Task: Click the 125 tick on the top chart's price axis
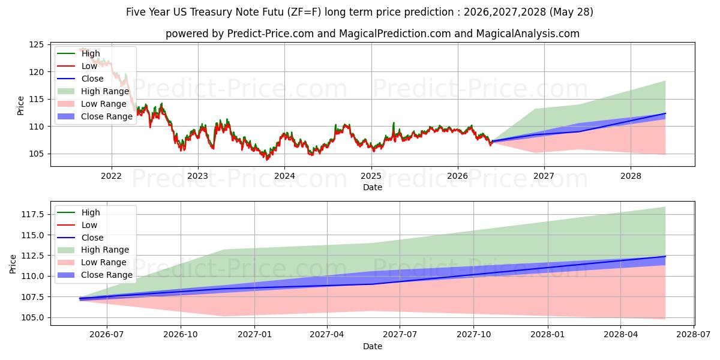pyautogui.click(x=36, y=44)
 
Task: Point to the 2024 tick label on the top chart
pyautogui.click(x=284, y=176)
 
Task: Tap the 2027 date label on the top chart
pyautogui.click(x=544, y=176)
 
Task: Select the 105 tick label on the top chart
pyautogui.click(x=36, y=154)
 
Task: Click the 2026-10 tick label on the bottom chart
pyautogui.click(x=181, y=335)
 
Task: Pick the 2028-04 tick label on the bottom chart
pyautogui.click(x=620, y=335)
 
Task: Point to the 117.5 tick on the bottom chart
pyautogui.click(x=32, y=214)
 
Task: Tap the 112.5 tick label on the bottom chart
pyautogui.click(x=32, y=256)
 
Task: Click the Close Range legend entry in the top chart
pyautogui.click(x=95, y=116)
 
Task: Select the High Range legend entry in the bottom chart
pyautogui.click(x=93, y=250)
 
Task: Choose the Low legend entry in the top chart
pyautogui.click(x=77, y=66)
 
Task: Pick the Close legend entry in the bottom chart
pyautogui.click(x=80, y=238)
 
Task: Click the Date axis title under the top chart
pyautogui.click(x=373, y=187)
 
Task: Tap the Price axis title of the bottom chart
pyautogui.click(x=13, y=264)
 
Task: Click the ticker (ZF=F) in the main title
pyautogui.click(x=304, y=12)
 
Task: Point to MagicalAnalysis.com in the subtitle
pyautogui.click(x=528, y=34)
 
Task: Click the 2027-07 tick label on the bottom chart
pyautogui.click(x=400, y=335)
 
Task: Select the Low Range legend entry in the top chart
pyautogui.click(x=92, y=104)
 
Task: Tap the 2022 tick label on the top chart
pyautogui.click(x=111, y=176)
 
